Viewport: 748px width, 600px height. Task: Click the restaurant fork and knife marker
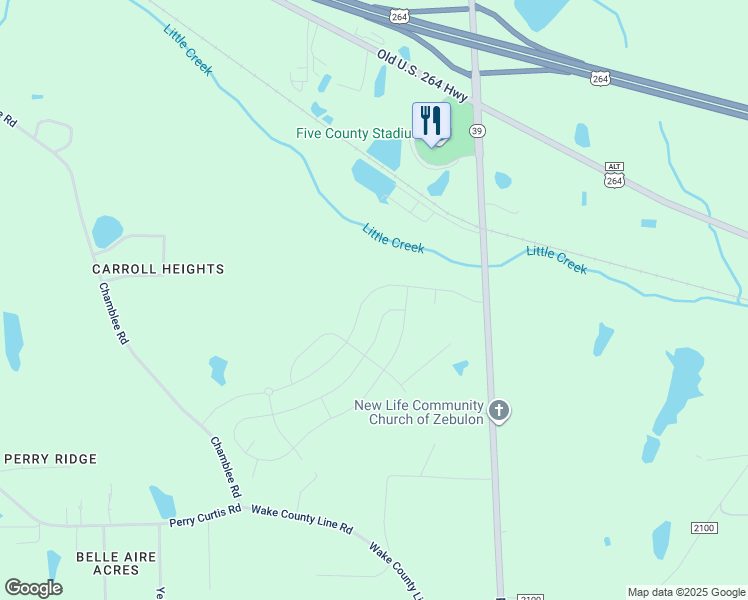coord(431,122)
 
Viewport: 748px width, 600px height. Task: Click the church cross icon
coord(499,410)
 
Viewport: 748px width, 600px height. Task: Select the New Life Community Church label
coord(419,412)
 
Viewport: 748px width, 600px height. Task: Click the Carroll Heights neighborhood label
coord(158,269)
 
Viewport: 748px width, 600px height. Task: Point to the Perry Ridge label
coord(50,459)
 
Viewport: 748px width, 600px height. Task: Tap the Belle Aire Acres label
coord(108,563)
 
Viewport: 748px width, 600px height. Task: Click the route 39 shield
coord(478,131)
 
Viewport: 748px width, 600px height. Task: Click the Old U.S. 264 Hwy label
coord(424,74)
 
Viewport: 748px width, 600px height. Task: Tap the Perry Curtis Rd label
coord(205,515)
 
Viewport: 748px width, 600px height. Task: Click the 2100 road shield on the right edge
coord(704,527)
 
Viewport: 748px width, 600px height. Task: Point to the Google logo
coord(33,587)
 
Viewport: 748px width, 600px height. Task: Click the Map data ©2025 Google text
coord(686,592)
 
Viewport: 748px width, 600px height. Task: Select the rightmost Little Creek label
coord(556,259)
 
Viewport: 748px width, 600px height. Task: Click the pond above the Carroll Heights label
coord(106,231)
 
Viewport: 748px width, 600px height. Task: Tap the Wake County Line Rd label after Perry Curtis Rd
coord(301,518)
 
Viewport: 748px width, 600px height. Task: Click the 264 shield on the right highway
coord(599,78)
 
